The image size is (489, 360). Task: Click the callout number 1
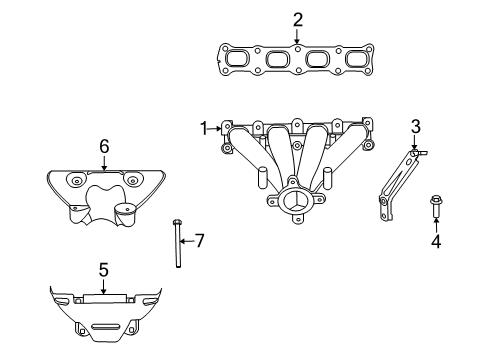tap(203, 128)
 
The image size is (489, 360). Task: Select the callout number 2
tap(297, 19)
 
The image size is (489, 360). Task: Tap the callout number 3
tap(415, 126)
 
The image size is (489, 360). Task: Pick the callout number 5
tap(102, 269)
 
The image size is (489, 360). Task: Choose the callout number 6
tap(103, 146)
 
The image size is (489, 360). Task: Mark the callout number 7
tap(199, 240)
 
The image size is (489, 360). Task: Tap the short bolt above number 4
tap(436, 207)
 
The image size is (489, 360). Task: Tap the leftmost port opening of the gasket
tap(240, 60)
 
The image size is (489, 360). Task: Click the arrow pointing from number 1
tap(217, 128)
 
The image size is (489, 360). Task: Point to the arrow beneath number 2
tap(297, 36)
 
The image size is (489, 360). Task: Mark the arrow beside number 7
tap(186, 240)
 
